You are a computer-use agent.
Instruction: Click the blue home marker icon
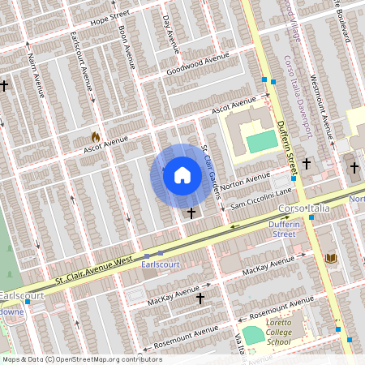(x=182, y=175)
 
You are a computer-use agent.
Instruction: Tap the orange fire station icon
(x=95, y=137)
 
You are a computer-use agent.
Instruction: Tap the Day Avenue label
(x=170, y=32)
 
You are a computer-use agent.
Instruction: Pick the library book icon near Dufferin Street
(x=330, y=258)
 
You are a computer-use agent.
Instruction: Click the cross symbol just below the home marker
(x=191, y=213)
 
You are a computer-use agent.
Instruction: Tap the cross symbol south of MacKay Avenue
(x=200, y=298)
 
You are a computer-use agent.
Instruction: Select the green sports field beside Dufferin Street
(x=260, y=142)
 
